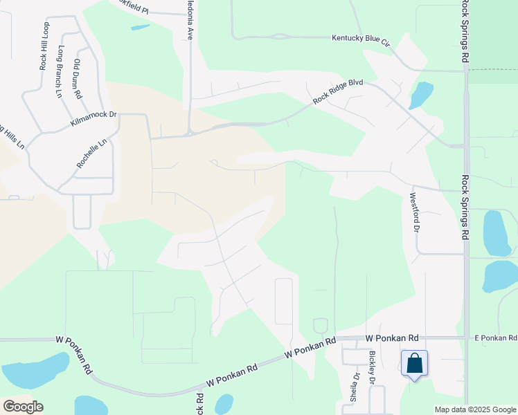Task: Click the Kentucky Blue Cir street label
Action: (361, 39)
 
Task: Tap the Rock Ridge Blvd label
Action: (338, 91)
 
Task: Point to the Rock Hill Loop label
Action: (44, 46)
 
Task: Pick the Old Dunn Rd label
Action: (78, 78)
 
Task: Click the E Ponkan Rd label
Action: (495, 338)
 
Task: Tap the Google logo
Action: (22, 407)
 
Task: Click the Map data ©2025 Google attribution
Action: (475, 409)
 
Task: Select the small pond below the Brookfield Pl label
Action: (140, 28)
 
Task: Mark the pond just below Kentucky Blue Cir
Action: (420, 94)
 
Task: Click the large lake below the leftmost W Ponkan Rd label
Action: (35, 371)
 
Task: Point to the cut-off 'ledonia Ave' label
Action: (189, 19)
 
